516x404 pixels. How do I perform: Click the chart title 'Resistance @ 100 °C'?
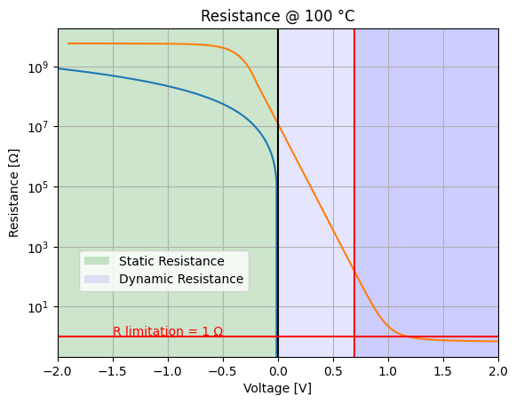(x=278, y=16)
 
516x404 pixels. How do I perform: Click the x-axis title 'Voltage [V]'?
(x=278, y=388)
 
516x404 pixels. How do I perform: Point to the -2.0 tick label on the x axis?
(x=58, y=371)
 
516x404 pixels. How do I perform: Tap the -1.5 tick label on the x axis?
(x=113, y=371)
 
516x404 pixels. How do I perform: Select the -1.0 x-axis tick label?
(x=168, y=371)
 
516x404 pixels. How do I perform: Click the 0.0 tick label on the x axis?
(x=278, y=371)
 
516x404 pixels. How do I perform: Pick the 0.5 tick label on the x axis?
(x=333, y=371)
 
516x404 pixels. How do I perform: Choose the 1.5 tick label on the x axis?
(x=443, y=371)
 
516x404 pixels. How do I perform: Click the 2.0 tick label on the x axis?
(x=498, y=371)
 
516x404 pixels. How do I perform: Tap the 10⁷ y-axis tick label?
(x=40, y=127)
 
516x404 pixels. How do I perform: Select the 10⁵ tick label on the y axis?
(x=40, y=186)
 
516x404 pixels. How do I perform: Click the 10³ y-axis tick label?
(x=40, y=247)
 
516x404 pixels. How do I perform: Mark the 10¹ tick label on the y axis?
(x=40, y=307)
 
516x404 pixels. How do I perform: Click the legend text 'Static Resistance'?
(x=171, y=261)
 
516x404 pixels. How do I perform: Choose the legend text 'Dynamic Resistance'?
(x=181, y=279)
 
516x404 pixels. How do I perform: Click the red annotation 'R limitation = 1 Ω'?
(x=168, y=331)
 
